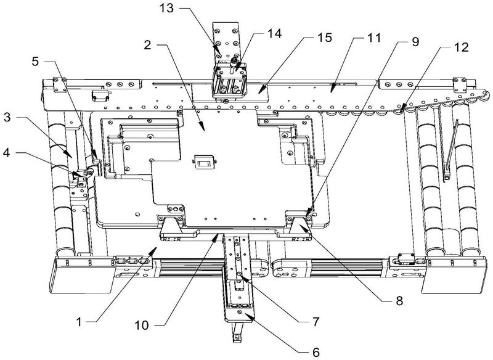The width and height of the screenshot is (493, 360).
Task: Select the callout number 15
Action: point(324,39)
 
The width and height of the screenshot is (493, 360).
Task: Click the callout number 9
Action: point(417,43)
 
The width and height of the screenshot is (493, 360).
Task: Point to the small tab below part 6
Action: point(237,337)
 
